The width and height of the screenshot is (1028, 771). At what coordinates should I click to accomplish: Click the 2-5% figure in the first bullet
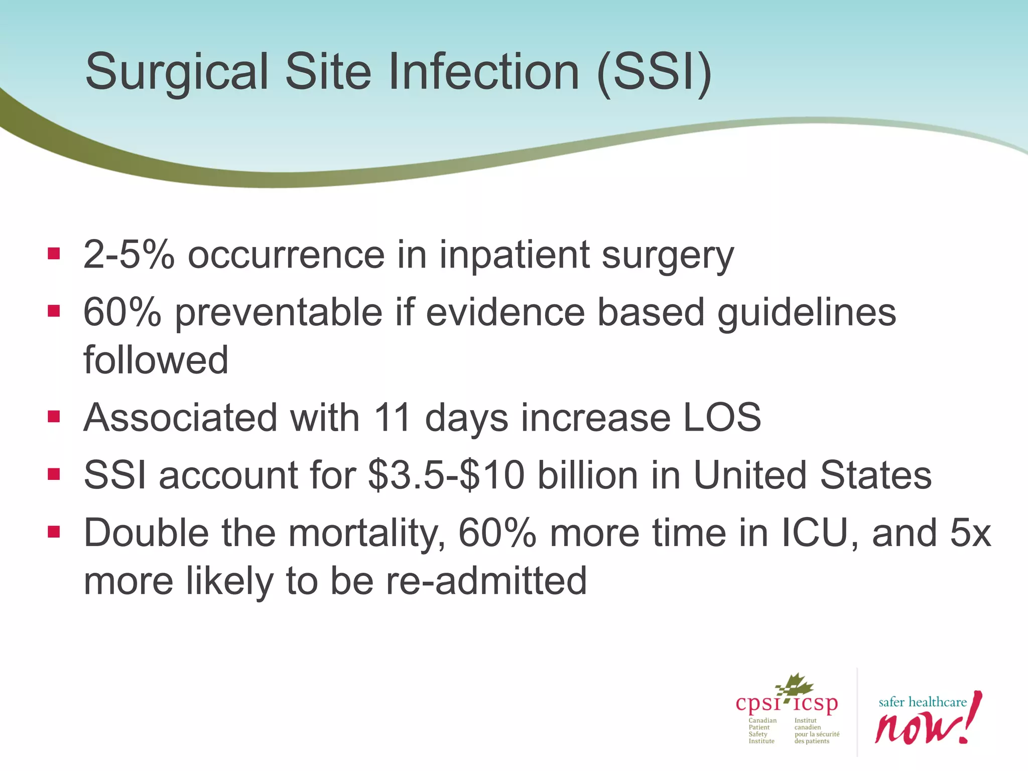(x=128, y=255)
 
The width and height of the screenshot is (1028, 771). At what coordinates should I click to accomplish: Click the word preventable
(x=279, y=312)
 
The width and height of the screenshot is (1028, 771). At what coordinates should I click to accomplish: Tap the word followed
(x=156, y=360)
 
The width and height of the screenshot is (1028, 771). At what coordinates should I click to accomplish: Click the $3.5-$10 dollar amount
(x=446, y=475)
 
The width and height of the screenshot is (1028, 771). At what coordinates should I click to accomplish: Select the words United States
(x=812, y=475)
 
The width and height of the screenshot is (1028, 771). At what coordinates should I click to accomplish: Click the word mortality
(x=366, y=533)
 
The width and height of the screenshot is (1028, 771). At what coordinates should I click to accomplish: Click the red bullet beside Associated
(x=54, y=417)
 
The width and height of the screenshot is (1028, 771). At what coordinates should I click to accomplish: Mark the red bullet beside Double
(x=54, y=532)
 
